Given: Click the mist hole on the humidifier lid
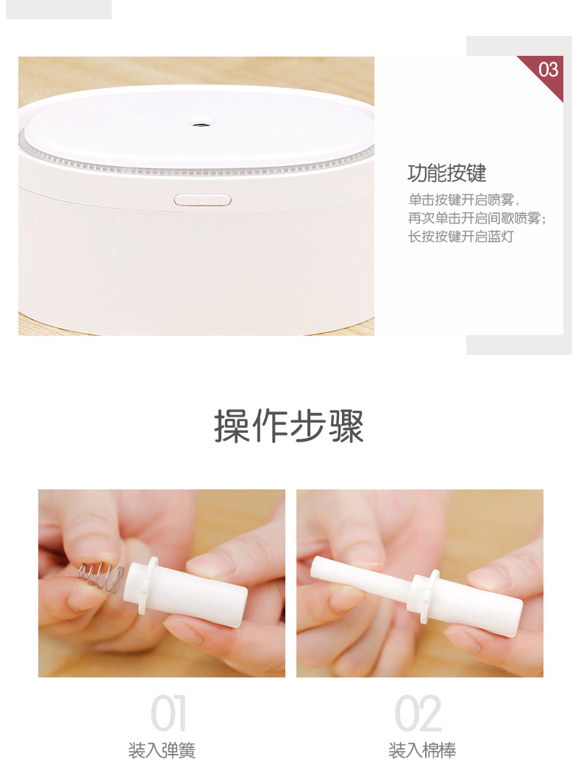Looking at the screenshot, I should (x=199, y=125).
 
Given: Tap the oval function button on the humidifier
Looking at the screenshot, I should (x=202, y=199).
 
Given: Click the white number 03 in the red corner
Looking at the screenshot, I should (x=548, y=70).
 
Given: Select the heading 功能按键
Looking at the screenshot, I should (x=447, y=173).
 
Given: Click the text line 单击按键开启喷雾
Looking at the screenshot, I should (x=464, y=199).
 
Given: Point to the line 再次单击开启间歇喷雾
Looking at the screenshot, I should (x=478, y=218).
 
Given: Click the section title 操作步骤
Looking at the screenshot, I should (x=290, y=426).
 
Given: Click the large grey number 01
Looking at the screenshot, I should (x=168, y=713).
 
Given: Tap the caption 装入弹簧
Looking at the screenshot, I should (x=162, y=750).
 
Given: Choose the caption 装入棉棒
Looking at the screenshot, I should (x=422, y=750).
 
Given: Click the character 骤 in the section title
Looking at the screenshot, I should (x=346, y=426).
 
